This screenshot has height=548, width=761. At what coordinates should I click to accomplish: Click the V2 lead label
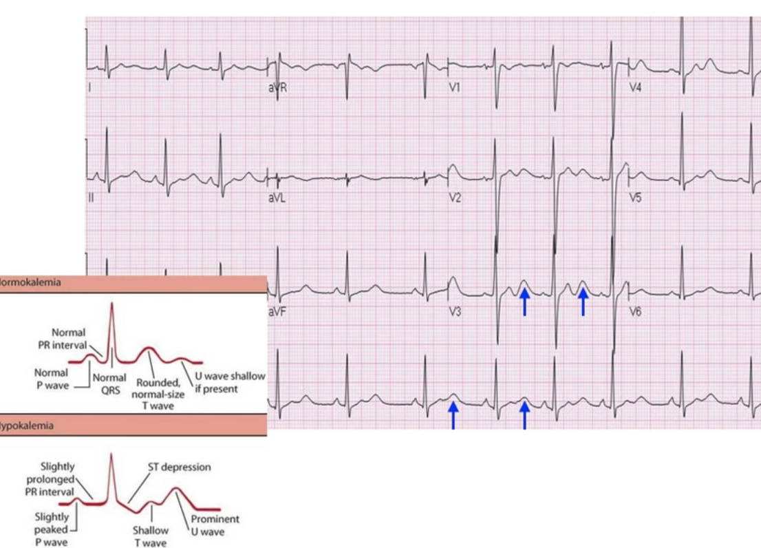(455, 199)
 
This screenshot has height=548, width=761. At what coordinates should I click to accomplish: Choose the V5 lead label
(636, 199)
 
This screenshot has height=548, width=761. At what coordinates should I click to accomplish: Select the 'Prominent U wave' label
(215, 525)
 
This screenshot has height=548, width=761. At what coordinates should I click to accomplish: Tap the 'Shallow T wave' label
(151, 536)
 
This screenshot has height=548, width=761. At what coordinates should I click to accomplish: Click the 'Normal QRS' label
(109, 383)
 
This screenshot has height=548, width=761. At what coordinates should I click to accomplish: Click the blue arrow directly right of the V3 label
(524, 302)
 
